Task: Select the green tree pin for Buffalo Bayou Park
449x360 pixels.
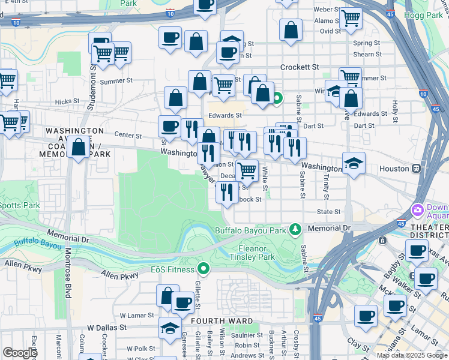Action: point(295,229)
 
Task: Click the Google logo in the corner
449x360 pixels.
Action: point(20,353)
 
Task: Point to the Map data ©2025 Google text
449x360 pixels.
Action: point(412,355)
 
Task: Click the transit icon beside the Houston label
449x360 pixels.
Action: point(416,169)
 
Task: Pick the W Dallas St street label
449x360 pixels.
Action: point(107,328)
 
